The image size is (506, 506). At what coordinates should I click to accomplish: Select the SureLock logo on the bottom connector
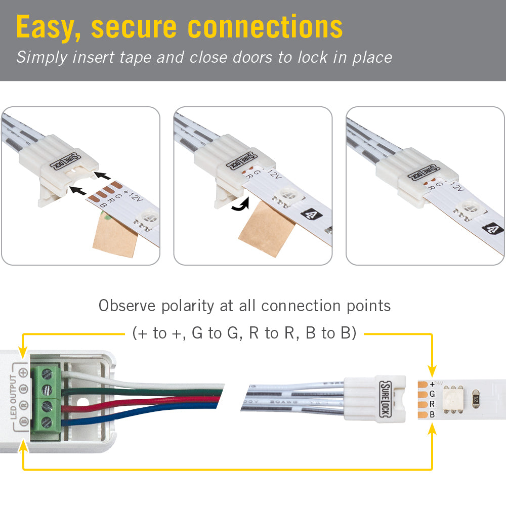[x=384, y=398]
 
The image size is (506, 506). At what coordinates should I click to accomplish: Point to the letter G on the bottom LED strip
[x=432, y=393]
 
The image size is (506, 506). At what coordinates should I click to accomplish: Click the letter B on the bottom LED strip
[x=432, y=414]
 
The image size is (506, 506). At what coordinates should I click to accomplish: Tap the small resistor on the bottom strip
[x=476, y=398]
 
